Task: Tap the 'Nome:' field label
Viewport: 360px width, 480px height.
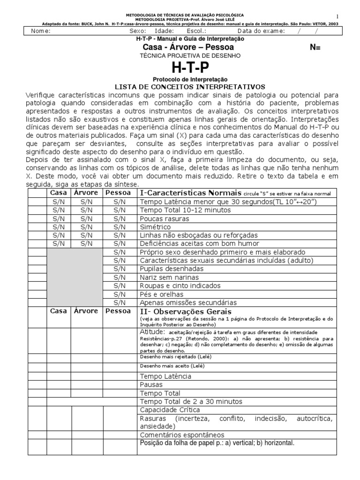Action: tap(41, 31)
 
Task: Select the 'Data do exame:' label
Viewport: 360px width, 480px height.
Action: tap(260, 31)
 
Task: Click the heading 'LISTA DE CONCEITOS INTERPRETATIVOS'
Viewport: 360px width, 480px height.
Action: tap(190, 87)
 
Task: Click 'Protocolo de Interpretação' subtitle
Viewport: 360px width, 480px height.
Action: tap(190, 80)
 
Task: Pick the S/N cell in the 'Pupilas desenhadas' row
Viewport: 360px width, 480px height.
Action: tap(120, 269)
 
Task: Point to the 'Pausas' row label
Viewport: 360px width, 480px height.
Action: tap(151, 384)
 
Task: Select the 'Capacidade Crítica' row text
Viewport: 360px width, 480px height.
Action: tap(170, 410)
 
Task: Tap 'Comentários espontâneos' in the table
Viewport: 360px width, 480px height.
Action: tap(182, 435)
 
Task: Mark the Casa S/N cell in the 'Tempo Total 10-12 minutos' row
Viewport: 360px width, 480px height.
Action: tap(59, 210)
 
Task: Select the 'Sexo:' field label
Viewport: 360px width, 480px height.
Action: tap(137, 31)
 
